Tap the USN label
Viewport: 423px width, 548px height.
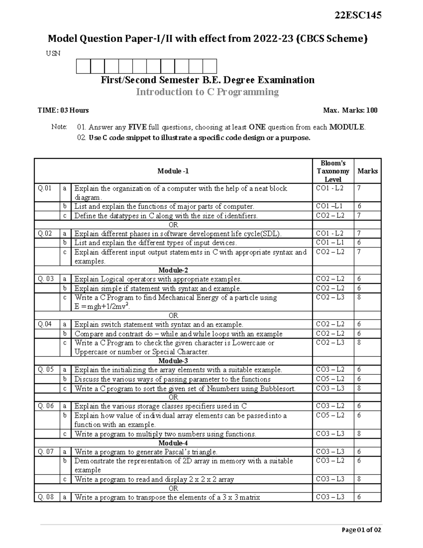[x=53, y=54]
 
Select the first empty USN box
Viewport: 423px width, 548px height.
[x=83, y=66]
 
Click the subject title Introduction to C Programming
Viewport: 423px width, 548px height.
[x=207, y=92]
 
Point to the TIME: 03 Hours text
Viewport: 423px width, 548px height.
[x=63, y=110]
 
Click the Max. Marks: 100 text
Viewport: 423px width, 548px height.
[x=350, y=110]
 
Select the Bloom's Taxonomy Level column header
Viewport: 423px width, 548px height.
[x=333, y=171]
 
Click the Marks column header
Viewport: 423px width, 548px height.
[x=367, y=171]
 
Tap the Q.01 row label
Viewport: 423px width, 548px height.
[x=45, y=188]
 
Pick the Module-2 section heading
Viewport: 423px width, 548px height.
[x=173, y=270]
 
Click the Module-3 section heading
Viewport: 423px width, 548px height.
[x=173, y=361]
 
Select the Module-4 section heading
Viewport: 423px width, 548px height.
[x=173, y=443]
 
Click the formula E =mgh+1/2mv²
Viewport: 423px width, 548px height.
[x=102, y=307]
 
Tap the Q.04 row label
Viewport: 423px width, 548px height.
[x=45, y=324]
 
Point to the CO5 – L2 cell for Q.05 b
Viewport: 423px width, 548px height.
[x=330, y=379]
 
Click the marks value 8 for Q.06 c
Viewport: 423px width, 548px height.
[x=359, y=434]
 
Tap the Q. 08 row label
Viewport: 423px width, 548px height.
[x=46, y=497]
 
